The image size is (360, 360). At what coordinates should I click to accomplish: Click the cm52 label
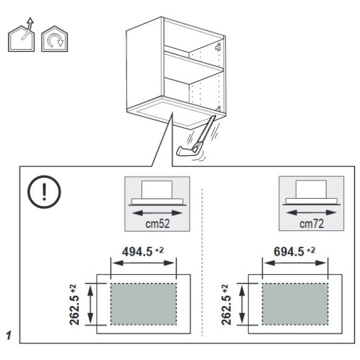point(158,223)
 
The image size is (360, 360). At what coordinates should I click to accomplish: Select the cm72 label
point(312,223)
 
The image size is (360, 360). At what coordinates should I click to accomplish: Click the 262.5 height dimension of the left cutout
point(74,304)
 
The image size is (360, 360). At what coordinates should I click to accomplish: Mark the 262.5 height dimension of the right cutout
point(226,304)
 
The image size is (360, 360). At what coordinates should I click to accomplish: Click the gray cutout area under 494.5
point(143,304)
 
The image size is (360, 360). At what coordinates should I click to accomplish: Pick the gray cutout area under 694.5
point(295,304)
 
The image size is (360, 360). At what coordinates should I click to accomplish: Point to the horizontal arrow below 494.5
point(143,263)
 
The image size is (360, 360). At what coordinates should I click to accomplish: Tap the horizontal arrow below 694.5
point(295,263)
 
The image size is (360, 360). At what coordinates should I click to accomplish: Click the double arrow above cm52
point(157,213)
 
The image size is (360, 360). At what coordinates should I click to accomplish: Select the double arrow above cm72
point(312,213)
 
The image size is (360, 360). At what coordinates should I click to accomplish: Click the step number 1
point(9,336)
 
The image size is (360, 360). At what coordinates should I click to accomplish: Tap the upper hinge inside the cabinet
point(218,47)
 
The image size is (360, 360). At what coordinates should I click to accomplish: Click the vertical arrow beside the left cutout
point(91,304)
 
